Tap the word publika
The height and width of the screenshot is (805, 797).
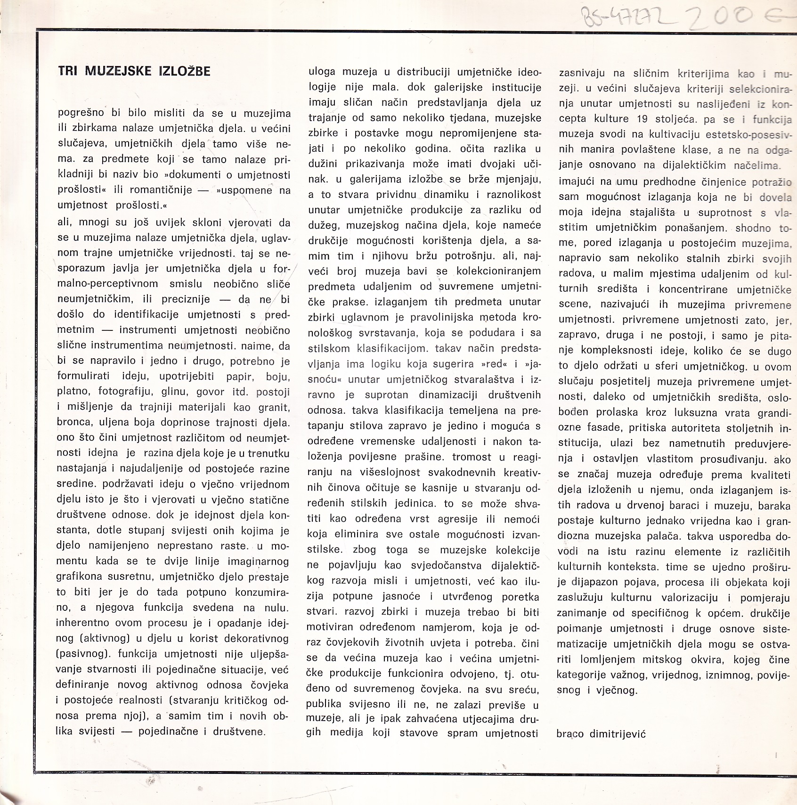click(325, 704)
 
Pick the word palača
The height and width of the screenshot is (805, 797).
click(658, 536)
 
